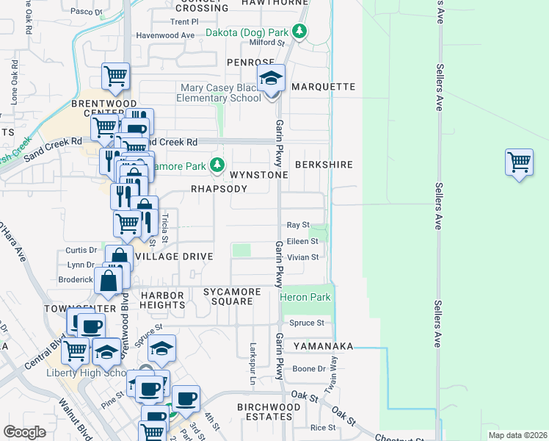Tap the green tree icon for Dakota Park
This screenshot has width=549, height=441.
[299, 32]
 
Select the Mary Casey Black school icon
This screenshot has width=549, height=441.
[271, 79]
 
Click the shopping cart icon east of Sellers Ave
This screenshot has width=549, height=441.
[519, 162]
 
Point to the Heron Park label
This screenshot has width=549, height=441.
[305, 297]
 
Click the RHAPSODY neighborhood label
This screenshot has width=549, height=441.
[219, 189]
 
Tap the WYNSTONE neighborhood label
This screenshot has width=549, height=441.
[258, 176]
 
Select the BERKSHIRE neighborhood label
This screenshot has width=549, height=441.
[324, 165]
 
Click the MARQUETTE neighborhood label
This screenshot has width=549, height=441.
[323, 87]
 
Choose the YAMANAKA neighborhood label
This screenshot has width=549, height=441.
[324, 346]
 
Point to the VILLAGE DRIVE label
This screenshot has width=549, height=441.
[175, 257]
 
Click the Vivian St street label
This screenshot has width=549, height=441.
[303, 257]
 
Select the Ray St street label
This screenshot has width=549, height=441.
[298, 225]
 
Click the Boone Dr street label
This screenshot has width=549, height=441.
[309, 369]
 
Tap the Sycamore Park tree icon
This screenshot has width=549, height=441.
[217, 166]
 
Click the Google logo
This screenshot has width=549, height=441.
[25, 431]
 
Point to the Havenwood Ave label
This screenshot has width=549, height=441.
[166, 35]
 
